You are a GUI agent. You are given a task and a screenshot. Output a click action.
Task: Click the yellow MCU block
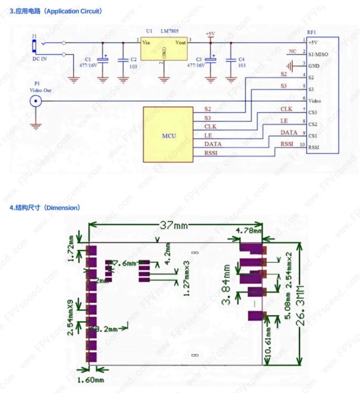point(169,134)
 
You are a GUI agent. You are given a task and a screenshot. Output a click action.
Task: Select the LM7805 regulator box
point(164,50)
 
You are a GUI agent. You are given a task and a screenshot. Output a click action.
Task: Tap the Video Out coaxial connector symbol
point(36,101)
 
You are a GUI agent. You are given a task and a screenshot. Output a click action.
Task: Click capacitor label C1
point(87,59)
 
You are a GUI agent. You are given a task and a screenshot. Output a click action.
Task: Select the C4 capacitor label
point(241,59)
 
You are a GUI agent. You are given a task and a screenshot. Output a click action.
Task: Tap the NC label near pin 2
point(293,51)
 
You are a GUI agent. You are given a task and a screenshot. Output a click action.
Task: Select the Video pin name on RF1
point(315,100)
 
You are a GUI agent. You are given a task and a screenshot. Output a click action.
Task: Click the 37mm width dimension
point(174,225)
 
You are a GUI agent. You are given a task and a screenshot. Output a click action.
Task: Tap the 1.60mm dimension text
point(91,379)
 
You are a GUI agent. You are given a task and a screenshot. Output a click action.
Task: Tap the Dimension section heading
point(45,208)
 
